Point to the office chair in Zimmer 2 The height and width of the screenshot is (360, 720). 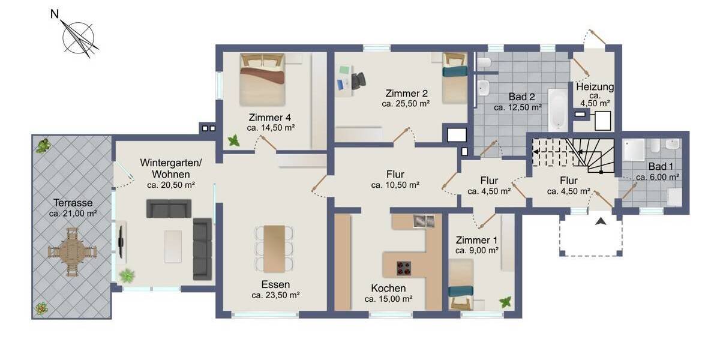(x=358, y=81)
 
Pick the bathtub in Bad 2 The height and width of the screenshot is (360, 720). (x=557, y=109)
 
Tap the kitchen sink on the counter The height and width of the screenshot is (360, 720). (x=423, y=221)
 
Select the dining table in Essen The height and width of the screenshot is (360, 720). (x=274, y=248)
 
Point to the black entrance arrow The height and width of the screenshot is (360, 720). (x=601, y=222)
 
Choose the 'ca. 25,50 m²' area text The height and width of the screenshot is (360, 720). (x=406, y=104)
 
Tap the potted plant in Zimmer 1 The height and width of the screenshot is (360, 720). (x=506, y=302)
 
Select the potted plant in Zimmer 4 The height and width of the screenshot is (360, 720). (x=233, y=141)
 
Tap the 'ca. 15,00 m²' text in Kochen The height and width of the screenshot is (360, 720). (x=388, y=299)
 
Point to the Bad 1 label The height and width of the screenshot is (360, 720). (x=658, y=167)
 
